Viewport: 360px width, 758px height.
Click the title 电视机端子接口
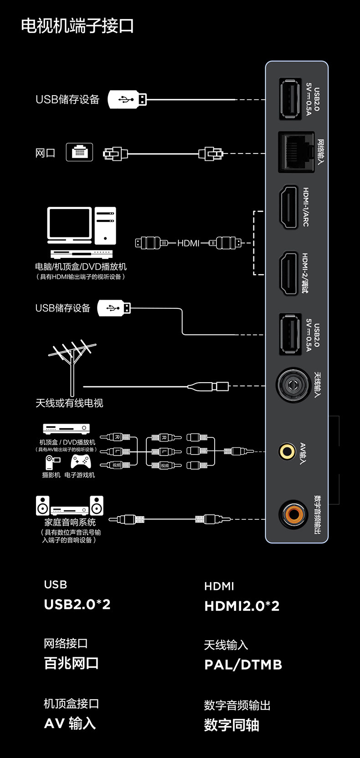(x=77, y=26)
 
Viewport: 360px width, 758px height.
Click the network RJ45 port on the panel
(x=296, y=152)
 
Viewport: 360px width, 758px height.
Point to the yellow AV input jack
(x=287, y=451)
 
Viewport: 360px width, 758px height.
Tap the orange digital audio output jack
(x=293, y=515)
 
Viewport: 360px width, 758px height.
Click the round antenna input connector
(x=293, y=385)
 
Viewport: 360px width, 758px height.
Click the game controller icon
(x=81, y=461)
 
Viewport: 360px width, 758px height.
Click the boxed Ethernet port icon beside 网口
(x=79, y=152)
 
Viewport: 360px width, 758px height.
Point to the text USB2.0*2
(x=77, y=604)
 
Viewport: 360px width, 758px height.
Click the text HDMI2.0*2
(x=242, y=606)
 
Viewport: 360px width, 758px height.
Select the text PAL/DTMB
(x=243, y=665)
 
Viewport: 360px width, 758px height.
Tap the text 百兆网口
(x=71, y=663)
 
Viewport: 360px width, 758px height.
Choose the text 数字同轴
(x=231, y=725)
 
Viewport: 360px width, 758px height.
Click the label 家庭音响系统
(x=70, y=522)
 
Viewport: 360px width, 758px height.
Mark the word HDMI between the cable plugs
(x=188, y=243)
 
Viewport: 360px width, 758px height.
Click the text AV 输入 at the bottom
(x=70, y=723)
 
